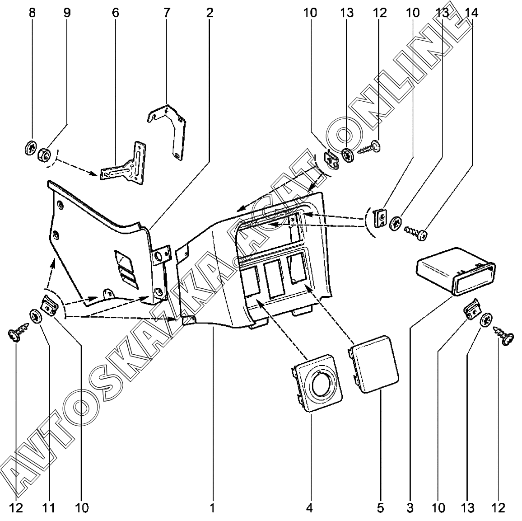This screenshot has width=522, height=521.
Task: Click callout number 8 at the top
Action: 32,13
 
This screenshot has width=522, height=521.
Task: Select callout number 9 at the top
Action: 67,13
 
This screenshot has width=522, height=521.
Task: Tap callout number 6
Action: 116,13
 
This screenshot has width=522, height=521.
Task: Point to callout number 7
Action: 167,13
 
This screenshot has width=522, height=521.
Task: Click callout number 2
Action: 210,13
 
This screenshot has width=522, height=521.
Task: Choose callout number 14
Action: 471,13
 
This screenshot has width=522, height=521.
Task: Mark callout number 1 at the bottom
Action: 212,508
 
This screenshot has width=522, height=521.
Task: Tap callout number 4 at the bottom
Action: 309,508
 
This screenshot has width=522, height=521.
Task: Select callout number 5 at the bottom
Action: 381,508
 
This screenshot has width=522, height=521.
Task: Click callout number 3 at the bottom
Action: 410,508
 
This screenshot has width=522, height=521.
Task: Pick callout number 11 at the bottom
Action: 49,508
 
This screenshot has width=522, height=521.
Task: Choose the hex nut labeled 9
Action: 45,155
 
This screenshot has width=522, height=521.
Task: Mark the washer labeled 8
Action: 31,148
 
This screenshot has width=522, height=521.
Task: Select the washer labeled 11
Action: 35,316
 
